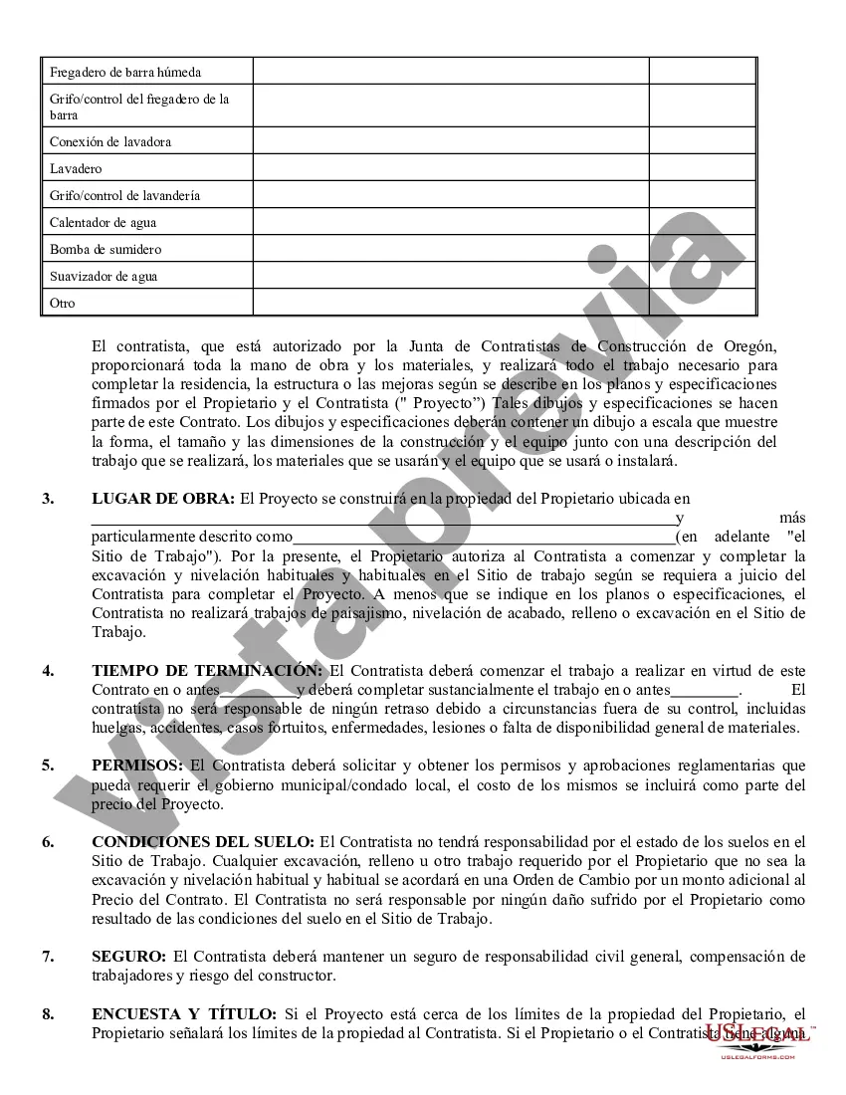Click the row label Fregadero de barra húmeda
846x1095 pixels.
click(x=125, y=72)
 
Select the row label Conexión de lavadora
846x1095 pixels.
click(x=110, y=141)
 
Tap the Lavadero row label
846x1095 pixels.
click(x=76, y=168)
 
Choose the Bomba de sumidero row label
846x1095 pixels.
click(x=106, y=249)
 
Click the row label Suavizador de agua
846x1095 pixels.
click(x=104, y=276)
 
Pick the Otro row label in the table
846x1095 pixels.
click(x=63, y=303)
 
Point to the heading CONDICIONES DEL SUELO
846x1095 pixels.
click(x=203, y=842)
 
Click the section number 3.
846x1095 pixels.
click(x=48, y=499)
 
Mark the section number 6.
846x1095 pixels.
click(x=48, y=842)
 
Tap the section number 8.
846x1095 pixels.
click(x=48, y=1014)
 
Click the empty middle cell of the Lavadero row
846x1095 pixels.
click(x=451, y=168)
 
